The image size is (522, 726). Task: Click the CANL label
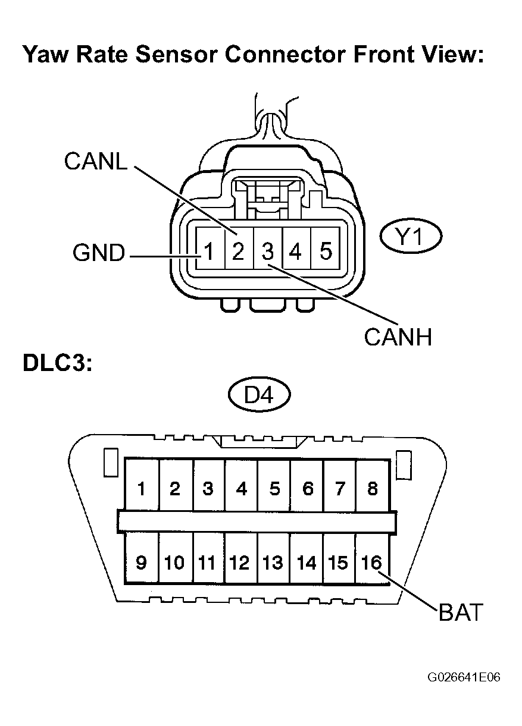tap(95, 161)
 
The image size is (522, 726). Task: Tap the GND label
tap(99, 253)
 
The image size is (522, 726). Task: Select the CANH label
tap(398, 338)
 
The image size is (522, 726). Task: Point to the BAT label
tap(460, 612)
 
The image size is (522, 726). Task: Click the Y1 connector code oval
tap(410, 238)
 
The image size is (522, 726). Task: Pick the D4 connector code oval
tap(259, 394)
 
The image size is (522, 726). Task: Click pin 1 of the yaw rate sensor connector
tap(208, 252)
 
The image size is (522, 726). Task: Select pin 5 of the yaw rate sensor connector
tap(325, 252)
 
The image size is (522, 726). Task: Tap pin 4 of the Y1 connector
tap(295, 252)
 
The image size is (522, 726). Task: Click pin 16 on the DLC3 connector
tap(371, 562)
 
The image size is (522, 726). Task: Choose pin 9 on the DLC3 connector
tap(141, 562)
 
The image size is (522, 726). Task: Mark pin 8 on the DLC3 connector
tap(373, 489)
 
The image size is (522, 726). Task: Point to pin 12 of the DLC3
tap(240, 562)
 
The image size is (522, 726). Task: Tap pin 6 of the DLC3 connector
tap(307, 489)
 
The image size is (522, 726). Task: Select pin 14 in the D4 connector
tap(307, 562)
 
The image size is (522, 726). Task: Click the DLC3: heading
tap(58, 363)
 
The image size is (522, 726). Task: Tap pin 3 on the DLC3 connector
tap(208, 489)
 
